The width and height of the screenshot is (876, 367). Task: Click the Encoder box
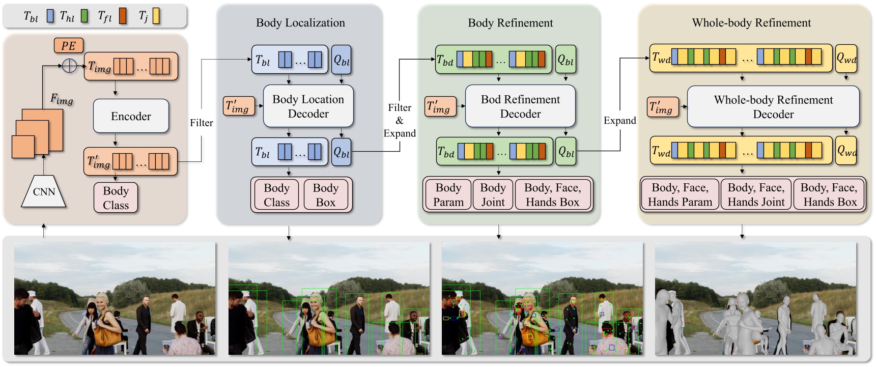(x=131, y=116)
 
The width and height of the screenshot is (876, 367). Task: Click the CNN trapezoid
(x=44, y=192)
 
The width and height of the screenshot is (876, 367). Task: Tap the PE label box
(x=68, y=46)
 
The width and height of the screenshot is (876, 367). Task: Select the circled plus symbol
(x=69, y=66)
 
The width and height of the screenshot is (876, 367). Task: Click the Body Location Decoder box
(x=308, y=106)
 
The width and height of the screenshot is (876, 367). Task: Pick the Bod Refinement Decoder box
(x=520, y=106)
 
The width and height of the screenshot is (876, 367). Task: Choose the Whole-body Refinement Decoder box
(x=773, y=107)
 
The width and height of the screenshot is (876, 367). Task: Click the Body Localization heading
(x=300, y=23)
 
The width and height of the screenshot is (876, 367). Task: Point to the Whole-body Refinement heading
(x=751, y=23)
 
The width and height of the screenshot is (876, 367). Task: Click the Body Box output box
(x=325, y=195)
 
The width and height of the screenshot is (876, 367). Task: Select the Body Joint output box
(x=493, y=195)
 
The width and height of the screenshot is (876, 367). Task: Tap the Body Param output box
(x=448, y=195)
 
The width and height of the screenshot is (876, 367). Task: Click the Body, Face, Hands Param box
(x=680, y=195)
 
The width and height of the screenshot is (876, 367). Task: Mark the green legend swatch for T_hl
(x=84, y=16)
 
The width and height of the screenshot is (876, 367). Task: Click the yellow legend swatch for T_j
(x=156, y=16)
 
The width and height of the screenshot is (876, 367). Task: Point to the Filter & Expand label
(x=400, y=121)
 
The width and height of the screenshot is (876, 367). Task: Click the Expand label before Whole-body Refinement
(x=619, y=121)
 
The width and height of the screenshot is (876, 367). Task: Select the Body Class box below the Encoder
(x=116, y=198)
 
